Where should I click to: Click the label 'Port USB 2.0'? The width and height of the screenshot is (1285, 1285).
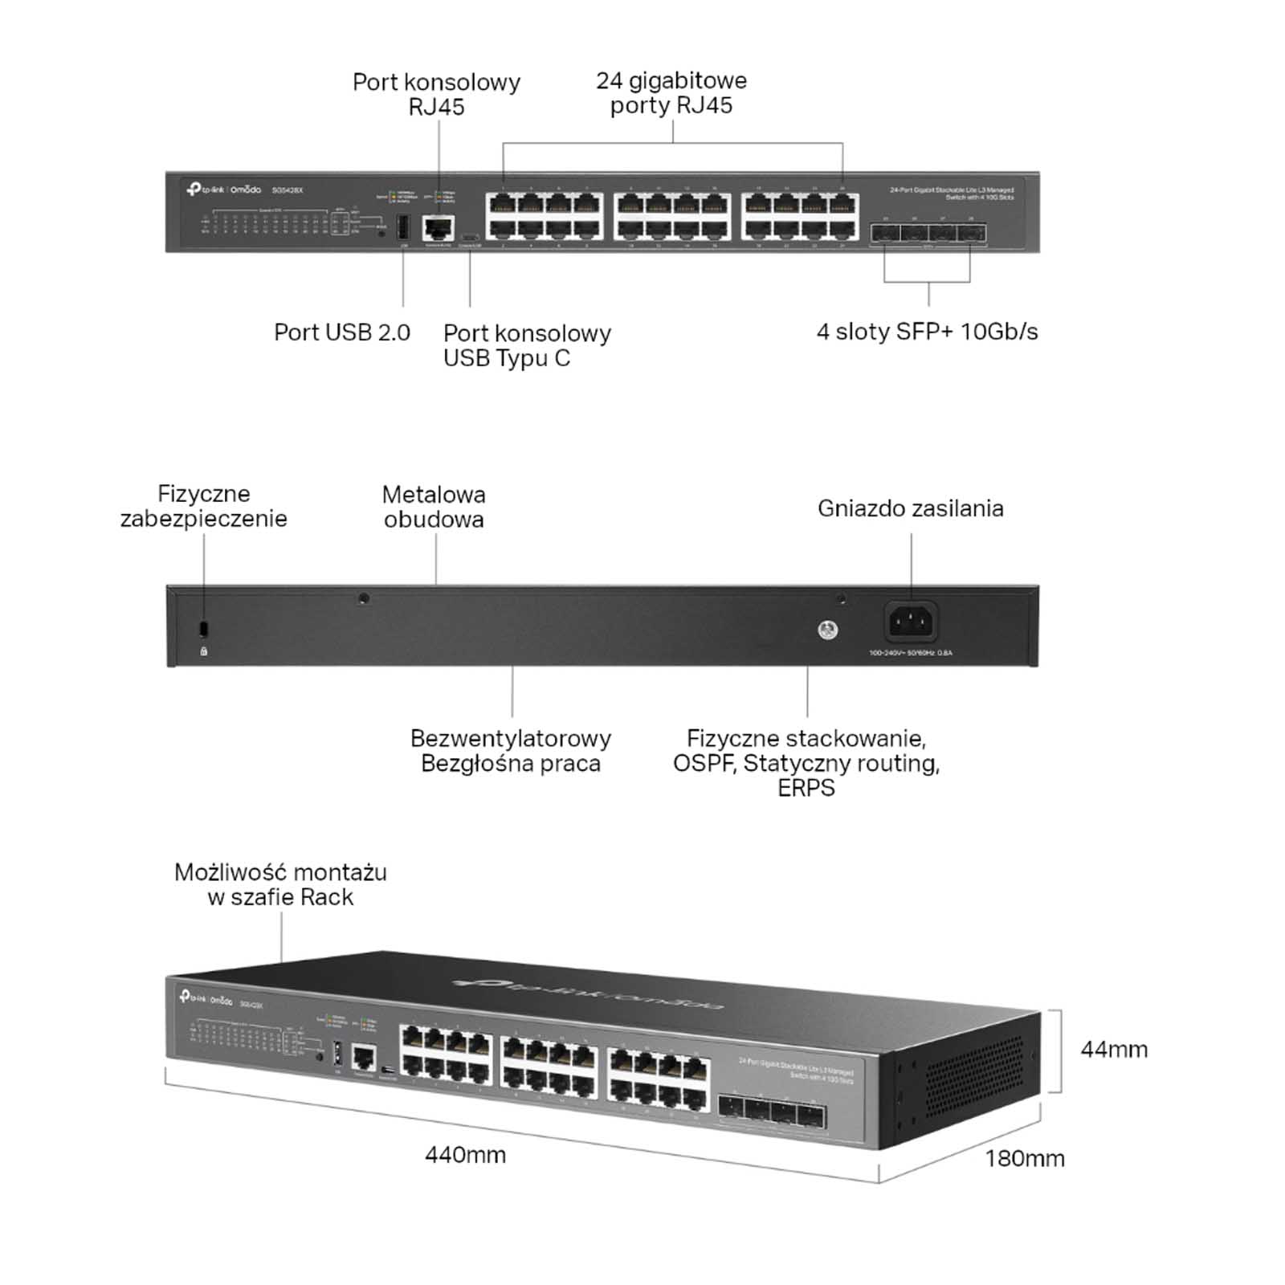pyautogui.click(x=341, y=332)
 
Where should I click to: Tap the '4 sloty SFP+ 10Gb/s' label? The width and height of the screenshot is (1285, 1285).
pyautogui.click(x=927, y=332)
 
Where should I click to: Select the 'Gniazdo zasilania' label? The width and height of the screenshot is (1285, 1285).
pyautogui.click(x=910, y=508)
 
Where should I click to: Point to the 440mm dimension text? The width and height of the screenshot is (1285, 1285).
pyautogui.click(x=465, y=1155)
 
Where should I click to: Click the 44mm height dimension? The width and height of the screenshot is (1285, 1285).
pyautogui.click(x=1114, y=1050)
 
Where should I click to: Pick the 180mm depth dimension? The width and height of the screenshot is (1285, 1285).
pyautogui.click(x=1025, y=1158)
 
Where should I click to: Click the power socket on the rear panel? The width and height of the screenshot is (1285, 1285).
pyautogui.click(x=911, y=621)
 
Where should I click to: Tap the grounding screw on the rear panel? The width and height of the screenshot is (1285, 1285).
pyautogui.click(x=827, y=630)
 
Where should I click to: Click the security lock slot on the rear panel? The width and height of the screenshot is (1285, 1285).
pyautogui.click(x=203, y=627)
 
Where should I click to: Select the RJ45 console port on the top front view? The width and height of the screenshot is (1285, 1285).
pyautogui.click(x=438, y=228)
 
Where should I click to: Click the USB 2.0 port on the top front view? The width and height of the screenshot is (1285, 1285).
pyautogui.click(x=403, y=227)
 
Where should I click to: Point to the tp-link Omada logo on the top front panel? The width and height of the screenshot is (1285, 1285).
pyautogui.click(x=224, y=190)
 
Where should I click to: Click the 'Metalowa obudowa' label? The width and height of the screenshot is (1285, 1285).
pyautogui.click(x=434, y=507)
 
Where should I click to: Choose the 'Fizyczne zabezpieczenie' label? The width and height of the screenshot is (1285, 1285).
pyautogui.click(x=203, y=506)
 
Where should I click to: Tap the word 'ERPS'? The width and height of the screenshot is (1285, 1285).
pyautogui.click(x=806, y=788)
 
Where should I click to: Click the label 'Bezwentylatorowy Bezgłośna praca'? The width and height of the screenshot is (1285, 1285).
pyautogui.click(x=511, y=750)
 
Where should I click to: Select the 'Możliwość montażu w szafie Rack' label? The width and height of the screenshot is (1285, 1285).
pyautogui.click(x=280, y=884)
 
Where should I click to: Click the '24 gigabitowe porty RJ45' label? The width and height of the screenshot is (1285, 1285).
pyautogui.click(x=671, y=93)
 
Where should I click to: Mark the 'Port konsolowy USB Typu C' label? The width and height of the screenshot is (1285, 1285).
pyautogui.click(x=527, y=345)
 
